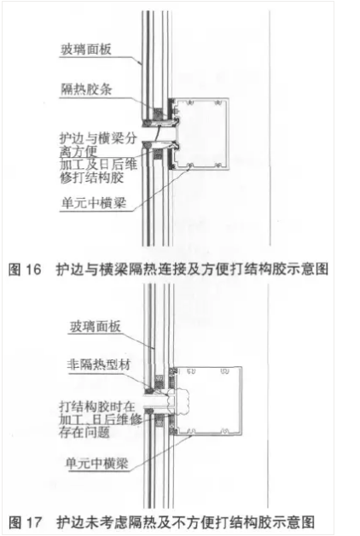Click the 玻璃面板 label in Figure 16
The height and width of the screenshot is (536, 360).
pos(86,50)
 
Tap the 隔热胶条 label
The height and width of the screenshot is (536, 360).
pos(86,90)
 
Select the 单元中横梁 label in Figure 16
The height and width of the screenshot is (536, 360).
pos(94,203)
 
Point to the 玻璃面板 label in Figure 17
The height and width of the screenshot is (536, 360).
pos(96,327)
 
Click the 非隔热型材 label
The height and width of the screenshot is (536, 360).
pos(99,365)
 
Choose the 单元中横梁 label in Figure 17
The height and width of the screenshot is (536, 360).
pos(97,463)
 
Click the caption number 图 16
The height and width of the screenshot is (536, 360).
pos(25,270)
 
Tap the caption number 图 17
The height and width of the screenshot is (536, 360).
pos(25,522)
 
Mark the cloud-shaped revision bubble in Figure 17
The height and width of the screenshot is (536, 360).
pos(179,400)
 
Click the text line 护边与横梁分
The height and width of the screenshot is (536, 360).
pos(98,139)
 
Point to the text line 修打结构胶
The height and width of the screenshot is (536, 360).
pos(92,178)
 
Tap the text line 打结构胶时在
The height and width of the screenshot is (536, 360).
pos(97,406)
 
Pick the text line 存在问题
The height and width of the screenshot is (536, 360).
pos(84,433)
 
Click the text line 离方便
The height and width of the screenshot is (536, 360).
pos(78,152)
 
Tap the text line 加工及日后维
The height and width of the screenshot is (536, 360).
pos(99,165)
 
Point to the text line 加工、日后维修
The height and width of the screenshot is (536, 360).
pos(101,419)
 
